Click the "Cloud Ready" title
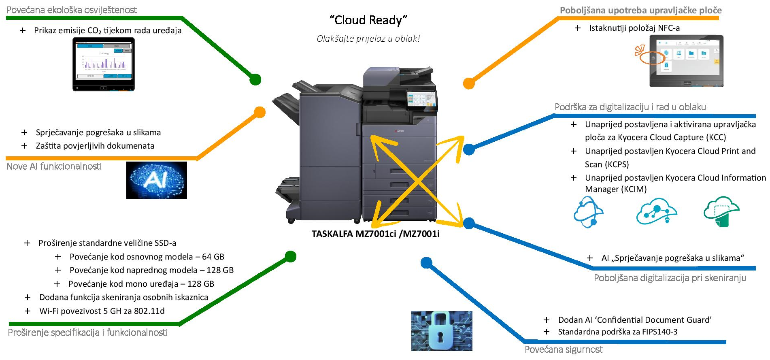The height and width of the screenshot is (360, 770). pos(368,20)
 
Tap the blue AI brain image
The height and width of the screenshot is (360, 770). pos(157,180)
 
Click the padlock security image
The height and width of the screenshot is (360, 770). pos(442,331)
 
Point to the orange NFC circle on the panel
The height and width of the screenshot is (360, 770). pos(652,58)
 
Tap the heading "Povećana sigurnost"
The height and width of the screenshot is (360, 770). pos(564,349)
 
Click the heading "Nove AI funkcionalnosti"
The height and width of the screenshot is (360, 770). pos(54,166)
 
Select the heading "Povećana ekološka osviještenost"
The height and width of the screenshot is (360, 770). pos(72,10)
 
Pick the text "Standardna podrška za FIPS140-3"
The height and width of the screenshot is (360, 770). pos(617,332)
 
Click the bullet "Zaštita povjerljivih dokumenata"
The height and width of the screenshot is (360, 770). pos(95,146)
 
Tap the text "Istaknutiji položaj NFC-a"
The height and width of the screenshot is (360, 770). pos(634,28)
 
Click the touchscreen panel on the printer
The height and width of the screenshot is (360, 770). pos(422,100)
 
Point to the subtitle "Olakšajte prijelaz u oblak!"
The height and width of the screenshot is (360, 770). pos(368,39)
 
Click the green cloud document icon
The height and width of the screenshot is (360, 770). pos(722,211)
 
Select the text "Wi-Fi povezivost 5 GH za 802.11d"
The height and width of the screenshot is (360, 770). pos(102,311)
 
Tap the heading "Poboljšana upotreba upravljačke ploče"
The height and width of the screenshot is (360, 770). pos(640,11)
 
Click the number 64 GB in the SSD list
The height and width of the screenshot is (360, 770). pos(213,257)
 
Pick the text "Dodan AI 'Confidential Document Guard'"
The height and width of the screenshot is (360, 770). pos(635,320)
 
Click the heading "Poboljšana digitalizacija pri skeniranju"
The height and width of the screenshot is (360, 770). pos(670,278)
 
